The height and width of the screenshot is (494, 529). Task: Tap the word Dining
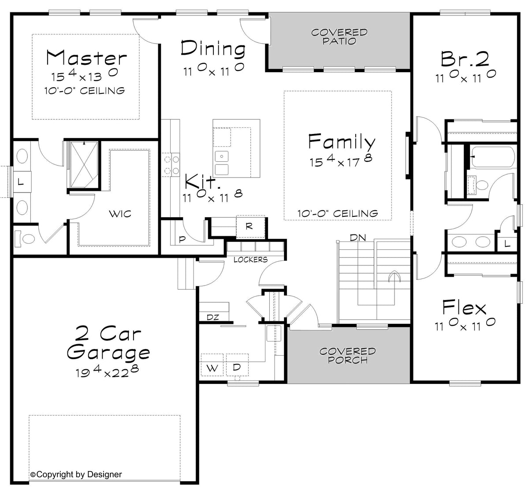213,48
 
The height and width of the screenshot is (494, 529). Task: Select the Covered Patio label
339,37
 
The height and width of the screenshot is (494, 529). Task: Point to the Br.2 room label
465,59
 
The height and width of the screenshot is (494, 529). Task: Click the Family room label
342,141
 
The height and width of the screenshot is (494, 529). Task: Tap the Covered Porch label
347,356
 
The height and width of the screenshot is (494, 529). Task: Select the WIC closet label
120,214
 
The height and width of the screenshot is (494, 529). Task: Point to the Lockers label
250,260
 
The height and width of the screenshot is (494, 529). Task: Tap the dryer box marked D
237,367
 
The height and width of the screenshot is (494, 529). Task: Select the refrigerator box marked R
249,227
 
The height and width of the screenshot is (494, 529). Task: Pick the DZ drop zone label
213,317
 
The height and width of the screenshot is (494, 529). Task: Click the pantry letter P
182,240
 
